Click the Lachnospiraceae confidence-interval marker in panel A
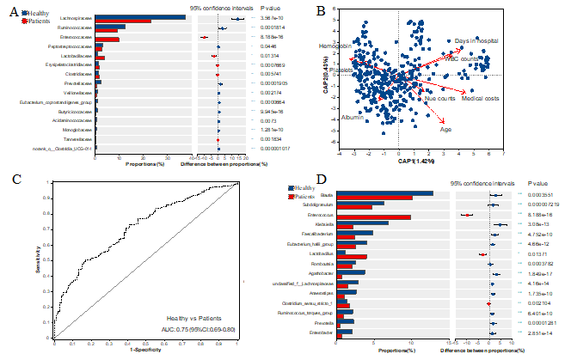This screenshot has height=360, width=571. pyautogui.click(x=237, y=18)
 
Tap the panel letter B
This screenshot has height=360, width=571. pyautogui.click(x=320, y=11)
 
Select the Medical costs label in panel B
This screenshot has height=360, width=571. pyautogui.click(x=480, y=98)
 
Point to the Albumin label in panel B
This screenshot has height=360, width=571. pyautogui.click(x=352, y=117)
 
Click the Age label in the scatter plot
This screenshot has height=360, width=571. pyautogui.click(x=445, y=130)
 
